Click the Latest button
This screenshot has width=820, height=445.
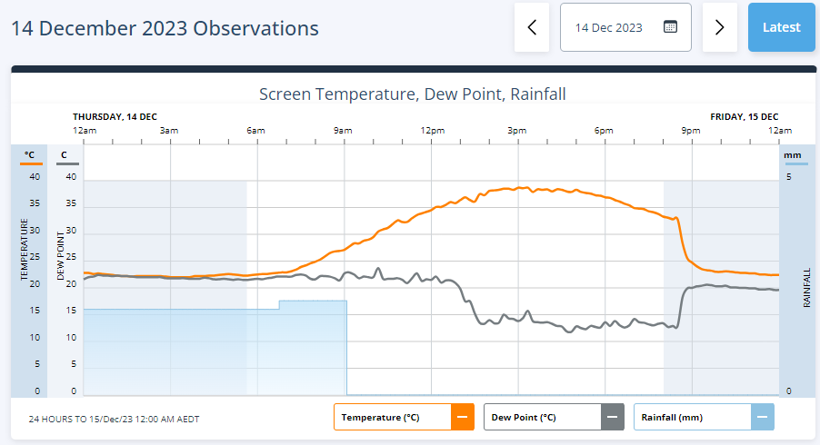[x=781, y=27]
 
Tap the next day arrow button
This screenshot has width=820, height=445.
[x=719, y=27]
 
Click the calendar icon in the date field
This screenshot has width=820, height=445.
[x=670, y=27]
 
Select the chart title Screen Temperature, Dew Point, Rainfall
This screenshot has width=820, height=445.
[x=413, y=94]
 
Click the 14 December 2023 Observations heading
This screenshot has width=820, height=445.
[x=165, y=28]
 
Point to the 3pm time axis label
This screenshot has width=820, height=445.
[x=516, y=131]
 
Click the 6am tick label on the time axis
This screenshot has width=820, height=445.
[x=255, y=131]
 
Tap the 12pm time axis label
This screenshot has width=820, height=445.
[x=432, y=131]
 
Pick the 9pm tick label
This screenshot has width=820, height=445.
[x=691, y=131]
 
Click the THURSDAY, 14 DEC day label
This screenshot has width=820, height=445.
[x=115, y=116]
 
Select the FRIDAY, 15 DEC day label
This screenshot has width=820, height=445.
[x=744, y=116]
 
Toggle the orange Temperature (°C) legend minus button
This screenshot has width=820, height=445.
[x=462, y=418]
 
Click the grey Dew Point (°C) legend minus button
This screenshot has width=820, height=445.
[x=612, y=418]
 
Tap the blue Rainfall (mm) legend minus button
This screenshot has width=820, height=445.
[x=762, y=418]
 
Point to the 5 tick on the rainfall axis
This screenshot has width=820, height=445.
[x=788, y=177]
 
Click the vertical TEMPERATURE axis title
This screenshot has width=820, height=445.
[x=25, y=249]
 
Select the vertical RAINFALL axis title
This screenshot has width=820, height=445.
[x=806, y=287]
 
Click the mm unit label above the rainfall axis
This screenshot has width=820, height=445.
[x=793, y=155]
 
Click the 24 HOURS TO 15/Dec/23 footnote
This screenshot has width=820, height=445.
[x=114, y=420]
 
